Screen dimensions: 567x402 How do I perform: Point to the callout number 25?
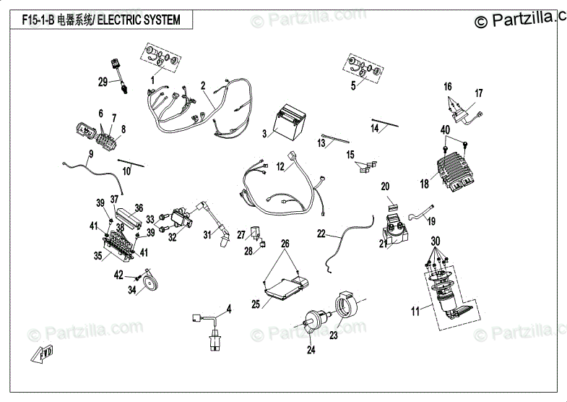tap(256, 304)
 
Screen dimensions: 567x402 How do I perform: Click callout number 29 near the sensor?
tap(103, 82)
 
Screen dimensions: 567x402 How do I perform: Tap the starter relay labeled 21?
tap(395, 229)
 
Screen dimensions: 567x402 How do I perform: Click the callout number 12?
tap(280, 167)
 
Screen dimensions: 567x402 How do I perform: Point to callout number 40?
tap(445, 130)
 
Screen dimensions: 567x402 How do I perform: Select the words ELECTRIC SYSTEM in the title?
tap(139, 20)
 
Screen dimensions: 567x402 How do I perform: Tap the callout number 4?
tap(228, 309)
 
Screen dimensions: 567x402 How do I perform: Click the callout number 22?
tap(321, 234)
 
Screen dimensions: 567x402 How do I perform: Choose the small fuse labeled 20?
tap(393, 208)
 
